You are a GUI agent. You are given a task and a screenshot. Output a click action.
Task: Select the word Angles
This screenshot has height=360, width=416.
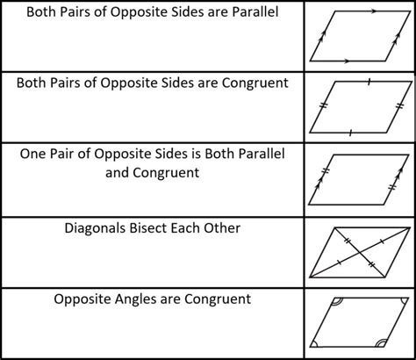pos(133,300)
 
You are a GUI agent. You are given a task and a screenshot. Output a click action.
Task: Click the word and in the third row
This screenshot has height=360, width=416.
pos(118,173)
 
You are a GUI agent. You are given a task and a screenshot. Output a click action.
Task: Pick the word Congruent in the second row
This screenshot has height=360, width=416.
pos(255,83)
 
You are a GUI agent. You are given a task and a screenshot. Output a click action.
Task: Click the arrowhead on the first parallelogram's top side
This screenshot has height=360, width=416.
pos(372,11)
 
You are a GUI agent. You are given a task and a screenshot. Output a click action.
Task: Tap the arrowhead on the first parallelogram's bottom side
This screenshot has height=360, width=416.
pos(347,61)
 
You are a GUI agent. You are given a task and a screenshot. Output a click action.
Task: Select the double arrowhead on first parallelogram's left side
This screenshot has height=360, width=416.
pos(322,37)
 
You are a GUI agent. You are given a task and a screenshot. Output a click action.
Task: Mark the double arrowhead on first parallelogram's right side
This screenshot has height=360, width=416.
pos(397,38)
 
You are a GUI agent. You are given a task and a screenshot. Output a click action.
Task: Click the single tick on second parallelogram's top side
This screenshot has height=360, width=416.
pos(369,82)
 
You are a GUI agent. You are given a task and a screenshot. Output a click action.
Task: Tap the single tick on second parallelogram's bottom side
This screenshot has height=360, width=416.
pos(350,133)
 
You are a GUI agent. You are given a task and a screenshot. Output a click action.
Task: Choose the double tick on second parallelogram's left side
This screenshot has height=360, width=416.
pos(323,105)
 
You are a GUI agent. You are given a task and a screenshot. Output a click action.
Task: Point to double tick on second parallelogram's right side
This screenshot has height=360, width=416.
pos(399,106)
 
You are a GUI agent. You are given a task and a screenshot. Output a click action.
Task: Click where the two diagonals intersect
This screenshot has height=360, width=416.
pos(359,252)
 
